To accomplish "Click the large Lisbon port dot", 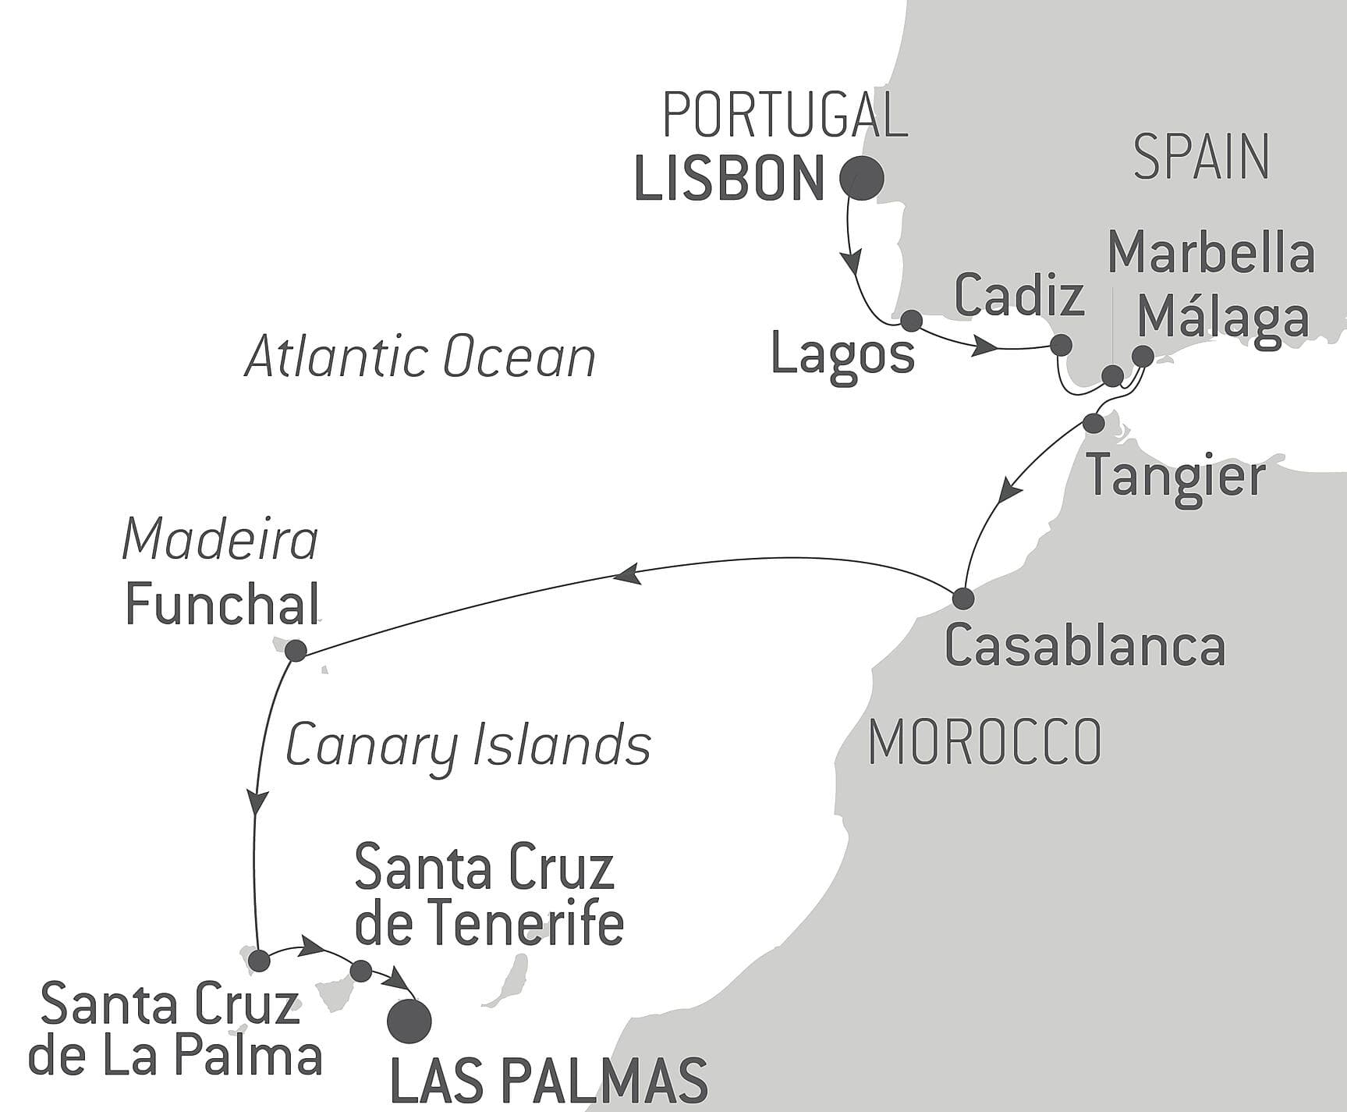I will pos(861,179).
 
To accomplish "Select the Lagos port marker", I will pos(911,321).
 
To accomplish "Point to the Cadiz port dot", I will pos(1061,345).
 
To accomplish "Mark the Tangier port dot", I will pos(1094,423).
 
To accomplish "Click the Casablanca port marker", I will pos(963,599).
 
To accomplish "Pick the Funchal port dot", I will pos(296,650).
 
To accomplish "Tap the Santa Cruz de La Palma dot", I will pos(259,960).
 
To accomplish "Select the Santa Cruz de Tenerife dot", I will pos(361,971).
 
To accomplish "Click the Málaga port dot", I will pos(1143,356).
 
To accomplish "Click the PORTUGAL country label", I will pos(785,115).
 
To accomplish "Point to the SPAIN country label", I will pos(1201,157).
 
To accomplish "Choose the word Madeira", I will pos(221,540).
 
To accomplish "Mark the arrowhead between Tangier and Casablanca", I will pos(1010,492).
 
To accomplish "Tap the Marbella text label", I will pos(1211,254).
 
